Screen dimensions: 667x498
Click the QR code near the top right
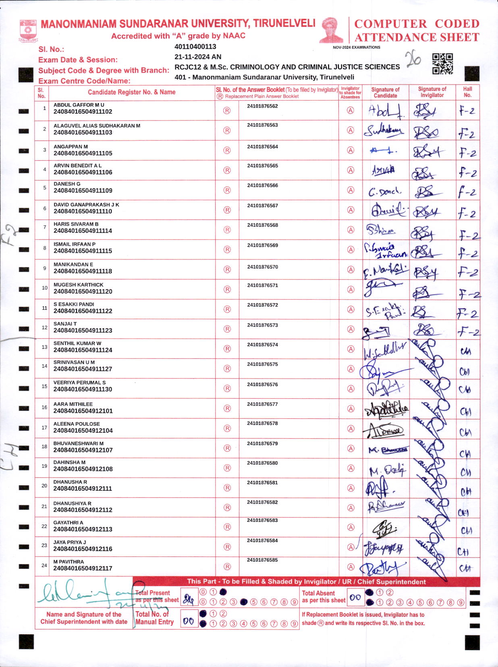tap(442, 64)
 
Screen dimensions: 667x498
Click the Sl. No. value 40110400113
tap(195, 47)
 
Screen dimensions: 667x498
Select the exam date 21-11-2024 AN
tap(198, 57)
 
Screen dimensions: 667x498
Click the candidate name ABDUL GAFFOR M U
tap(79, 105)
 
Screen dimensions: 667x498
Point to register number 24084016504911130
tap(83, 389)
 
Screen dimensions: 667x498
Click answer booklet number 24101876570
tap(263, 267)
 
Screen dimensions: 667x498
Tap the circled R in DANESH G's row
tap(227, 190)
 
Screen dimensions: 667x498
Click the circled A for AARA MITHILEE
tap(351, 409)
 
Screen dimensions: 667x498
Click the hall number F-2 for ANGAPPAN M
tap(467, 153)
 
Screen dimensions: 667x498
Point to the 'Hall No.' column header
tap(467, 92)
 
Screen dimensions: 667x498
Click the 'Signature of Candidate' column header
tap(385, 93)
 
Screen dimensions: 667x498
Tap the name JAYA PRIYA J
tap(70, 542)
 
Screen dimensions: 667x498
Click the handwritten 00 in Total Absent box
tap(355, 598)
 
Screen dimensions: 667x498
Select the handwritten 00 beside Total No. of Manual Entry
tap(189, 621)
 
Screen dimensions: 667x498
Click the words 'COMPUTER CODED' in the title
tap(417, 24)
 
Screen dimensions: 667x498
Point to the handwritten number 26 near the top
tap(413, 59)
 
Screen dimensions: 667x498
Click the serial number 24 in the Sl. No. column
tap(44, 565)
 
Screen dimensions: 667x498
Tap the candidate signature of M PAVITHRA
tap(383, 568)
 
